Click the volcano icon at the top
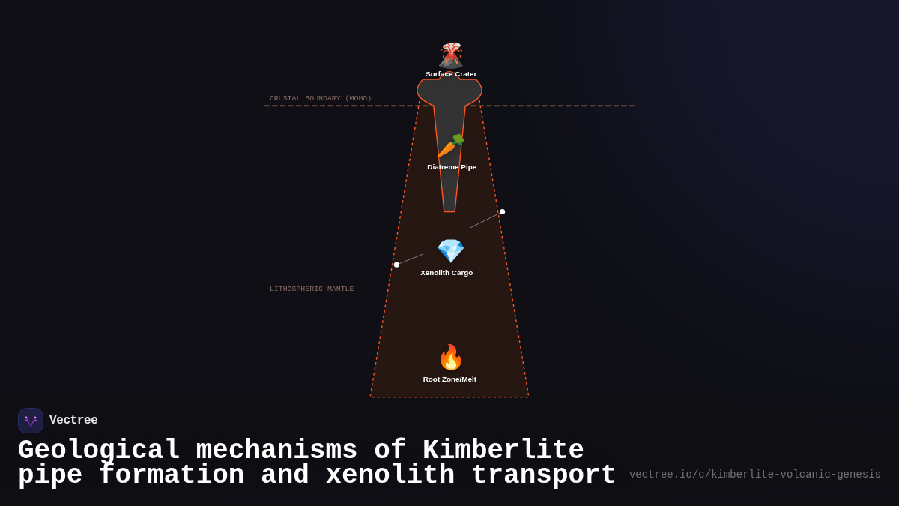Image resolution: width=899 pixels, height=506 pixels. [x=451, y=55]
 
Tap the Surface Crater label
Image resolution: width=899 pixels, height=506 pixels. [x=451, y=74]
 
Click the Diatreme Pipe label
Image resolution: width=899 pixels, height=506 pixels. [x=452, y=167]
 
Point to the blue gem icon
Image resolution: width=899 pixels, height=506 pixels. [x=450, y=251]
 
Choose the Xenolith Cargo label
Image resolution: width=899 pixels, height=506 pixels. [x=447, y=273]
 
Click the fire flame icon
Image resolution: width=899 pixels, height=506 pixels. [x=450, y=358]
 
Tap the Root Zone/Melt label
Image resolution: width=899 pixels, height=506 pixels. [x=449, y=379]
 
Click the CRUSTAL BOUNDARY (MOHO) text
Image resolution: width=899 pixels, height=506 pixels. [x=320, y=98]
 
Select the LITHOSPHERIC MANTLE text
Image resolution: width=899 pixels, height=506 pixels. [x=312, y=289]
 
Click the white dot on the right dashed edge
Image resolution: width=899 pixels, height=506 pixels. [x=502, y=212]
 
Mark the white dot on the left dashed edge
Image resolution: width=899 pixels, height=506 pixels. [x=396, y=265]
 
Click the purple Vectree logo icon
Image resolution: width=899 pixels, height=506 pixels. [x=31, y=421]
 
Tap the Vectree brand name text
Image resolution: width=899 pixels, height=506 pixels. [x=73, y=421]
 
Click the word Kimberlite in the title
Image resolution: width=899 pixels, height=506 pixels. [x=503, y=451]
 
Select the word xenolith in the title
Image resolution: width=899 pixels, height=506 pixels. [x=390, y=475]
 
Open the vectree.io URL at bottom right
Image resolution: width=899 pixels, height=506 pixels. [x=754, y=475]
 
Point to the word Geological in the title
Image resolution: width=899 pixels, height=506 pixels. [x=99, y=451]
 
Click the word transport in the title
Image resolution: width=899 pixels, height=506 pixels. [x=543, y=475]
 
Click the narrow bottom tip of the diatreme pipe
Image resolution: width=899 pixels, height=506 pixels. [x=449, y=208]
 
